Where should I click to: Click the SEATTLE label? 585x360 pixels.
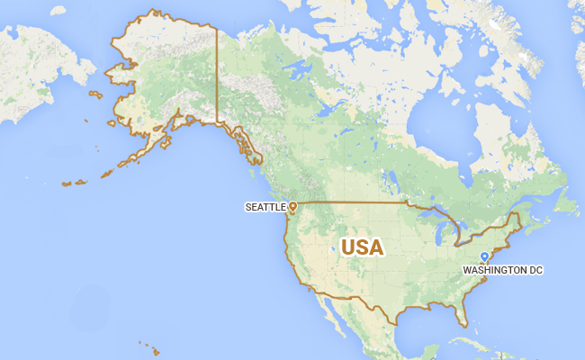(x=265, y=207)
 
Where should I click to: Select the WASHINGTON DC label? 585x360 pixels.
(x=503, y=269)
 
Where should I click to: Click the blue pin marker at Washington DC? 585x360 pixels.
(x=484, y=257)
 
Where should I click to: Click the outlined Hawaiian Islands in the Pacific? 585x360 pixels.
(x=149, y=347)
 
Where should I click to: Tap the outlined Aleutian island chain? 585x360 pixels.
(x=76, y=183)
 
